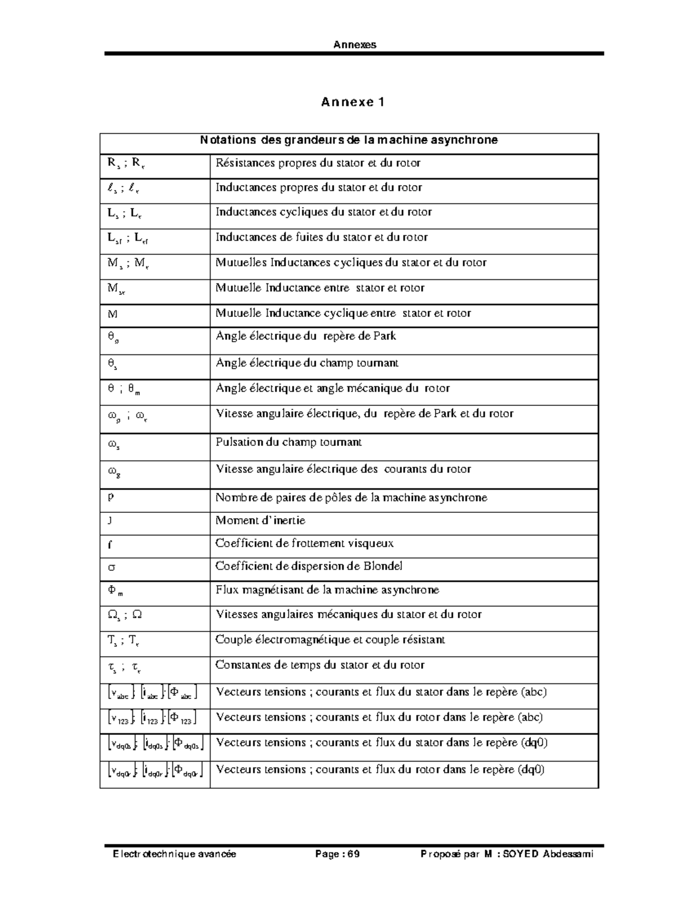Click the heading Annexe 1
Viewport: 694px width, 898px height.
(x=352, y=102)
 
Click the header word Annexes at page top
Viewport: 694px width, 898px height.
(x=355, y=45)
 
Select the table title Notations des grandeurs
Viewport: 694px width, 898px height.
(x=349, y=140)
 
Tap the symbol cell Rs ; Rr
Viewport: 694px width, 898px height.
(x=125, y=163)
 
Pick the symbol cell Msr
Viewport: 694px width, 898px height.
(x=116, y=289)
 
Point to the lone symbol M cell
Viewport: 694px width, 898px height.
(x=112, y=313)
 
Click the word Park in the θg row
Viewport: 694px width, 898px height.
(x=385, y=336)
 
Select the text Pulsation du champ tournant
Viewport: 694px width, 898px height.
(x=288, y=442)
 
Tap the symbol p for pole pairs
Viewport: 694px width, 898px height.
(x=110, y=497)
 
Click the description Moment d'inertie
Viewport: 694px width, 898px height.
(x=260, y=520)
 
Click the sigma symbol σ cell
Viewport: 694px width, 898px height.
(x=112, y=567)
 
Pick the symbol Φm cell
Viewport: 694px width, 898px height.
(x=115, y=590)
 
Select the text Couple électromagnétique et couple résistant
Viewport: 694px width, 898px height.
(x=330, y=640)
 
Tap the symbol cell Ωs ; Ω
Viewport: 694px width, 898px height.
(x=124, y=615)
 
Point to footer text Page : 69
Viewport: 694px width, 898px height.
(x=337, y=854)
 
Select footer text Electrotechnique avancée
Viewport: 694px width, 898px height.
(x=174, y=854)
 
